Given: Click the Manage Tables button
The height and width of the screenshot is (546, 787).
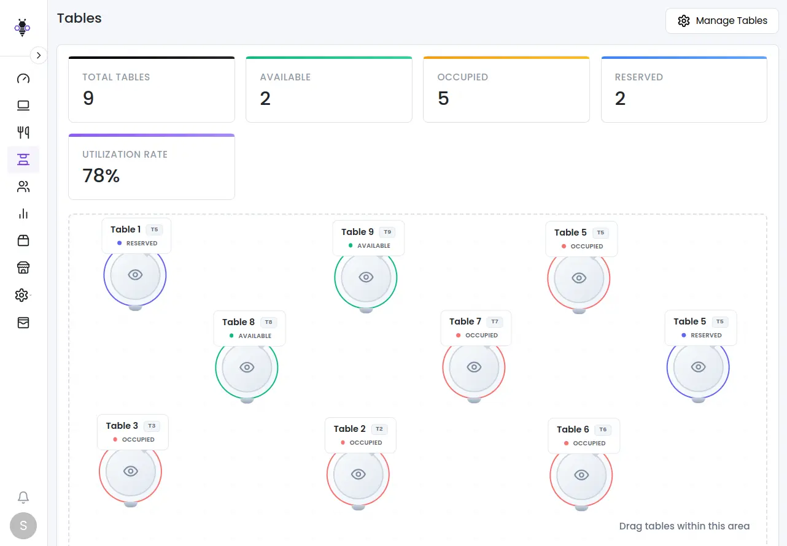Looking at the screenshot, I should pyautogui.click(x=722, y=21).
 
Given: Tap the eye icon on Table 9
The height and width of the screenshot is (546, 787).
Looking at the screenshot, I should pyautogui.click(x=366, y=277).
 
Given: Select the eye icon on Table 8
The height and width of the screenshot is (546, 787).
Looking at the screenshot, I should pyautogui.click(x=247, y=367).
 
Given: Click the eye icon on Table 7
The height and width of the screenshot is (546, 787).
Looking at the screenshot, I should pyautogui.click(x=474, y=367).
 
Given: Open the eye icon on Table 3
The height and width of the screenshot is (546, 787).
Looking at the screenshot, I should pyautogui.click(x=131, y=471).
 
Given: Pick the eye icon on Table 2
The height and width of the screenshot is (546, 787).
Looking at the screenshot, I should pyautogui.click(x=359, y=474).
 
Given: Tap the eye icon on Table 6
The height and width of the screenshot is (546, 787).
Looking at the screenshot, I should pyautogui.click(x=581, y=475).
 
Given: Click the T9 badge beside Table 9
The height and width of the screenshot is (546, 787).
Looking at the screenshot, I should pyautogui.click(x=387, y=232).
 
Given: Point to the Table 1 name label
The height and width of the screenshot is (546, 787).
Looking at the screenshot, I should pyautogui.click(x=125, y=229).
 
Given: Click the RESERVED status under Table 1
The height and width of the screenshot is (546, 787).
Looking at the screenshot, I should pyautogui.click(x=142, y=244).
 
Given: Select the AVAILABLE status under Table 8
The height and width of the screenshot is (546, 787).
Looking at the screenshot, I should pyautogui.click(x=255, y=336).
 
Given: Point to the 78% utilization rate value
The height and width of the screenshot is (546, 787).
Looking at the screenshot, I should pyautogui.click(x=101, y=176).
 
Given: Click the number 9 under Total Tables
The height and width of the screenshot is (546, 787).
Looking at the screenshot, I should pyautogui.click(x=88, y=99).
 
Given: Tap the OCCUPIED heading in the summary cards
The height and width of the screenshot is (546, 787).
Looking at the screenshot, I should pyautogui.click(x=462, y=77).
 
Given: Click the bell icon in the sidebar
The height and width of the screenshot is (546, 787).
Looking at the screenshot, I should pyautogui.click(x=23, y=497).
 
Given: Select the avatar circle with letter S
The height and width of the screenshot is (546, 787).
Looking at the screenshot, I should pyautogui.click(x=23, y=525).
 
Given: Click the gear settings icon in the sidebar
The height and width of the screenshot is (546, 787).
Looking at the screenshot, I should pyautogui.click(x=22, y=295).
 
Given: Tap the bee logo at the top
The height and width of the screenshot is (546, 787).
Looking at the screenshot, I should pyautogui.click(x=23, y=28).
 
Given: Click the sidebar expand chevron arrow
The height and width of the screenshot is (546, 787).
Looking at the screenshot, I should pyautogui.click(x=39, y=55).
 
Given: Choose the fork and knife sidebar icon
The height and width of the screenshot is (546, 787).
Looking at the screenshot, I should pyautogui.click(x=23, y=132).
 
